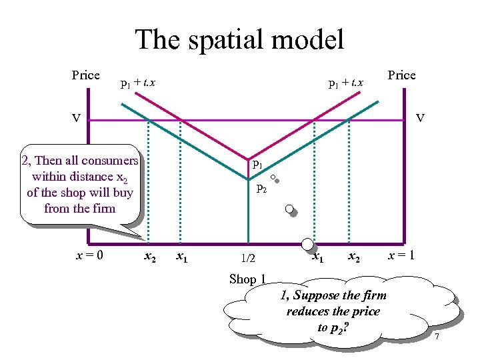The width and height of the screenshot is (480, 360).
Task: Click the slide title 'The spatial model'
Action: [239, 39]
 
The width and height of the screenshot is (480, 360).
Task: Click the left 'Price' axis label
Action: [86, 75]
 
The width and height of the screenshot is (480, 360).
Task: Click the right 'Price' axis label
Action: [401, 75]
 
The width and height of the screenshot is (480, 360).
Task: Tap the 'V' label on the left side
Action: [77, 119]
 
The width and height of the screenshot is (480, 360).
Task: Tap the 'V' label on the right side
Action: [420, 119]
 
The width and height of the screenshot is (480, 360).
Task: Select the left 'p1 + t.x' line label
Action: [137, 84]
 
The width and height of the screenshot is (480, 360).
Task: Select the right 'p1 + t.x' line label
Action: [346, 84]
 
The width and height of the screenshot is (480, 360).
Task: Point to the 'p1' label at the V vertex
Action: [257, 163]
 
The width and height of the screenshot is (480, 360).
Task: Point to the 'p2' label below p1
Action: [261, 188]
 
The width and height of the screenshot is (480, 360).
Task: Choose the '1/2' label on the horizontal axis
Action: [248, 257]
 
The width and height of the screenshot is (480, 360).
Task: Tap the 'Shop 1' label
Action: [247, 279]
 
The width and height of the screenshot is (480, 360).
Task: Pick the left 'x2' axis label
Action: [151, 256]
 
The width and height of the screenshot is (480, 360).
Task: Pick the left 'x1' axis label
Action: [180, 256]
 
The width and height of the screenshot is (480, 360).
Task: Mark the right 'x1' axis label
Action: [319, 256]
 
